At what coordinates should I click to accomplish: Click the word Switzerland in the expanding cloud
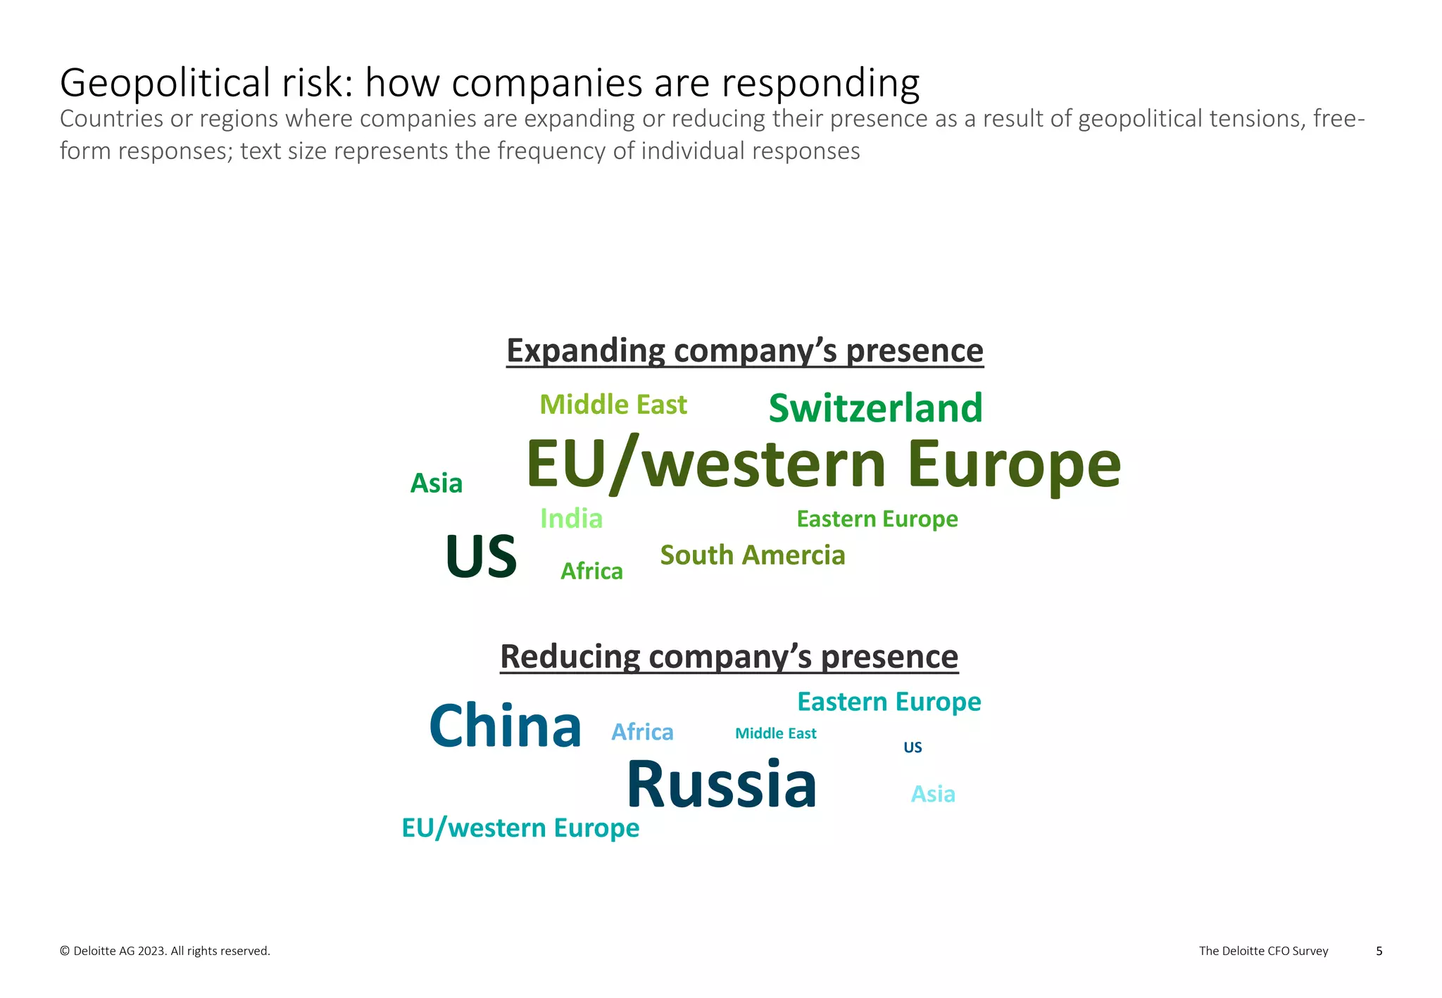[x=875, y=408]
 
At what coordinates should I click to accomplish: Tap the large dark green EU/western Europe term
[x=823, y=465]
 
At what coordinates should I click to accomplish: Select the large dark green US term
[x=482, y=557]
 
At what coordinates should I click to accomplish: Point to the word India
[x=571, y=519]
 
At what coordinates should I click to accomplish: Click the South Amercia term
[x=752, y=555]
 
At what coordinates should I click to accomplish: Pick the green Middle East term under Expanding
[x=613, y=405]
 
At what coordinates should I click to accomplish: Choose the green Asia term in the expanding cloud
[x=436, y=484]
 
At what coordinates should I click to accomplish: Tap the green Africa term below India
[x=591, y=571]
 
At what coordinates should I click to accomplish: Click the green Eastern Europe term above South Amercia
[x=877, y=519]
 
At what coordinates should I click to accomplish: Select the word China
[x=505, y=726]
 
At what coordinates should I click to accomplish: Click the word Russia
[x=722, y=784]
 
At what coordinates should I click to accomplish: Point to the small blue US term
[x=913, y=747]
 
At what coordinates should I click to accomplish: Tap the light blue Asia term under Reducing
[x=933, y=794]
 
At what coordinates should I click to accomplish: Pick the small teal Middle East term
[x=775, y=733]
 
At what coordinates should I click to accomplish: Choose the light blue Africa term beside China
[x=642, y=732]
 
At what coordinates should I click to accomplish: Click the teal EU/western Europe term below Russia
[x=520, y=828]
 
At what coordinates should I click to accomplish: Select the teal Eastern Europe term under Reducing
[x=889, y=702]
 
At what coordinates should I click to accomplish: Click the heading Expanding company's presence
[x=744, y=350]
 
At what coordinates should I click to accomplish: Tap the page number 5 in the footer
[x=1379, y=951]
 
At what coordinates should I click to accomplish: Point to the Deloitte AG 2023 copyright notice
[x=165, y=951]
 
